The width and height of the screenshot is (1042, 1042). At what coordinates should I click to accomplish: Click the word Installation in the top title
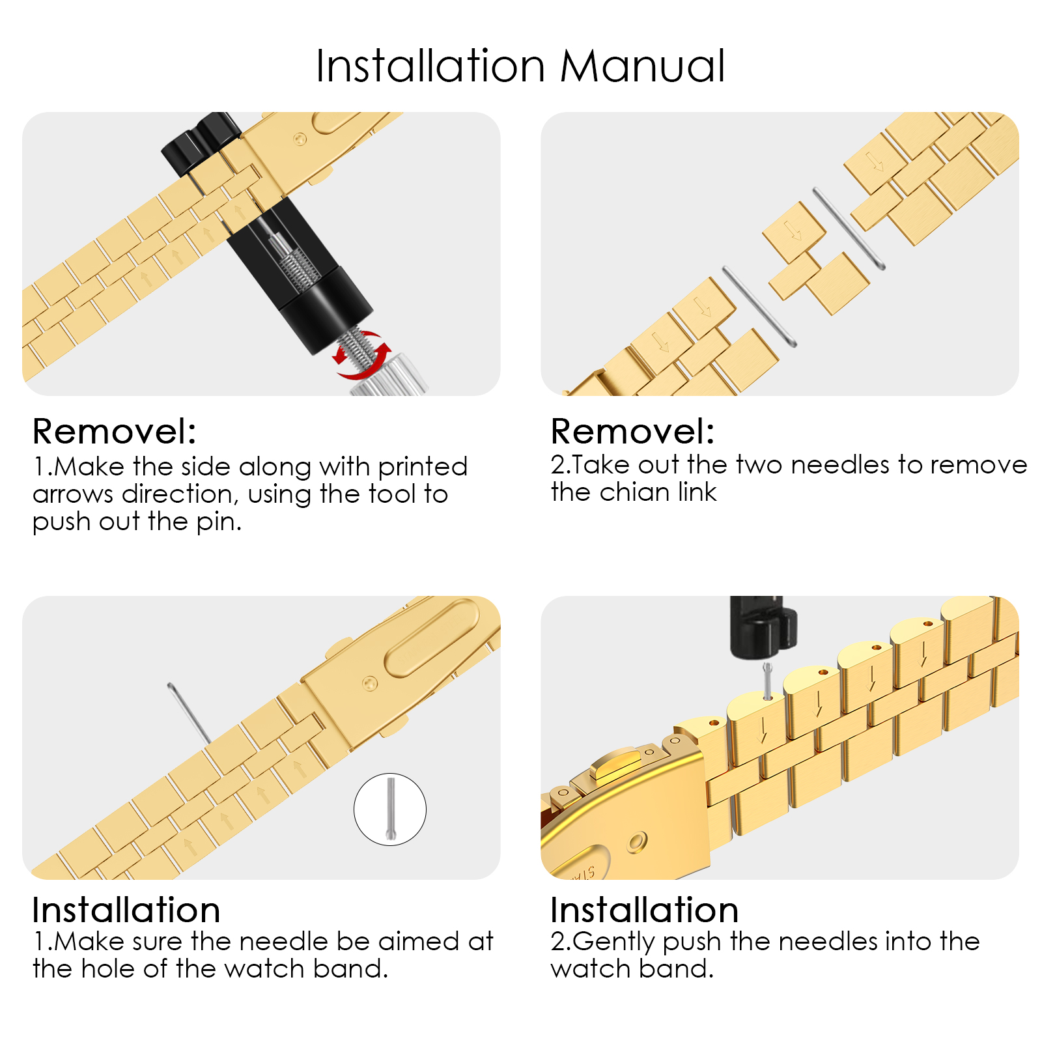430,66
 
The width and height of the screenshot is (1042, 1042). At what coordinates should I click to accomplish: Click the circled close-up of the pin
390,810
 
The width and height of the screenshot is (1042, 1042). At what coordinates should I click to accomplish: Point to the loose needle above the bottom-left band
189,713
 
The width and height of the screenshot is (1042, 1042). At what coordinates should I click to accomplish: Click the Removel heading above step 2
632,431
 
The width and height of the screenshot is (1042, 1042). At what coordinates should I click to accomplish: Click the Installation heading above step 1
126,910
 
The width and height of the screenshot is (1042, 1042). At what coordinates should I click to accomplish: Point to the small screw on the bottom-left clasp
370,683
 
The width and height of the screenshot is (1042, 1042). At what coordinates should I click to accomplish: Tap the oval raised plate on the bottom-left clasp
433,638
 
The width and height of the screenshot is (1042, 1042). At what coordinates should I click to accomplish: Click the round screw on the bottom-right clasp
637,843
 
